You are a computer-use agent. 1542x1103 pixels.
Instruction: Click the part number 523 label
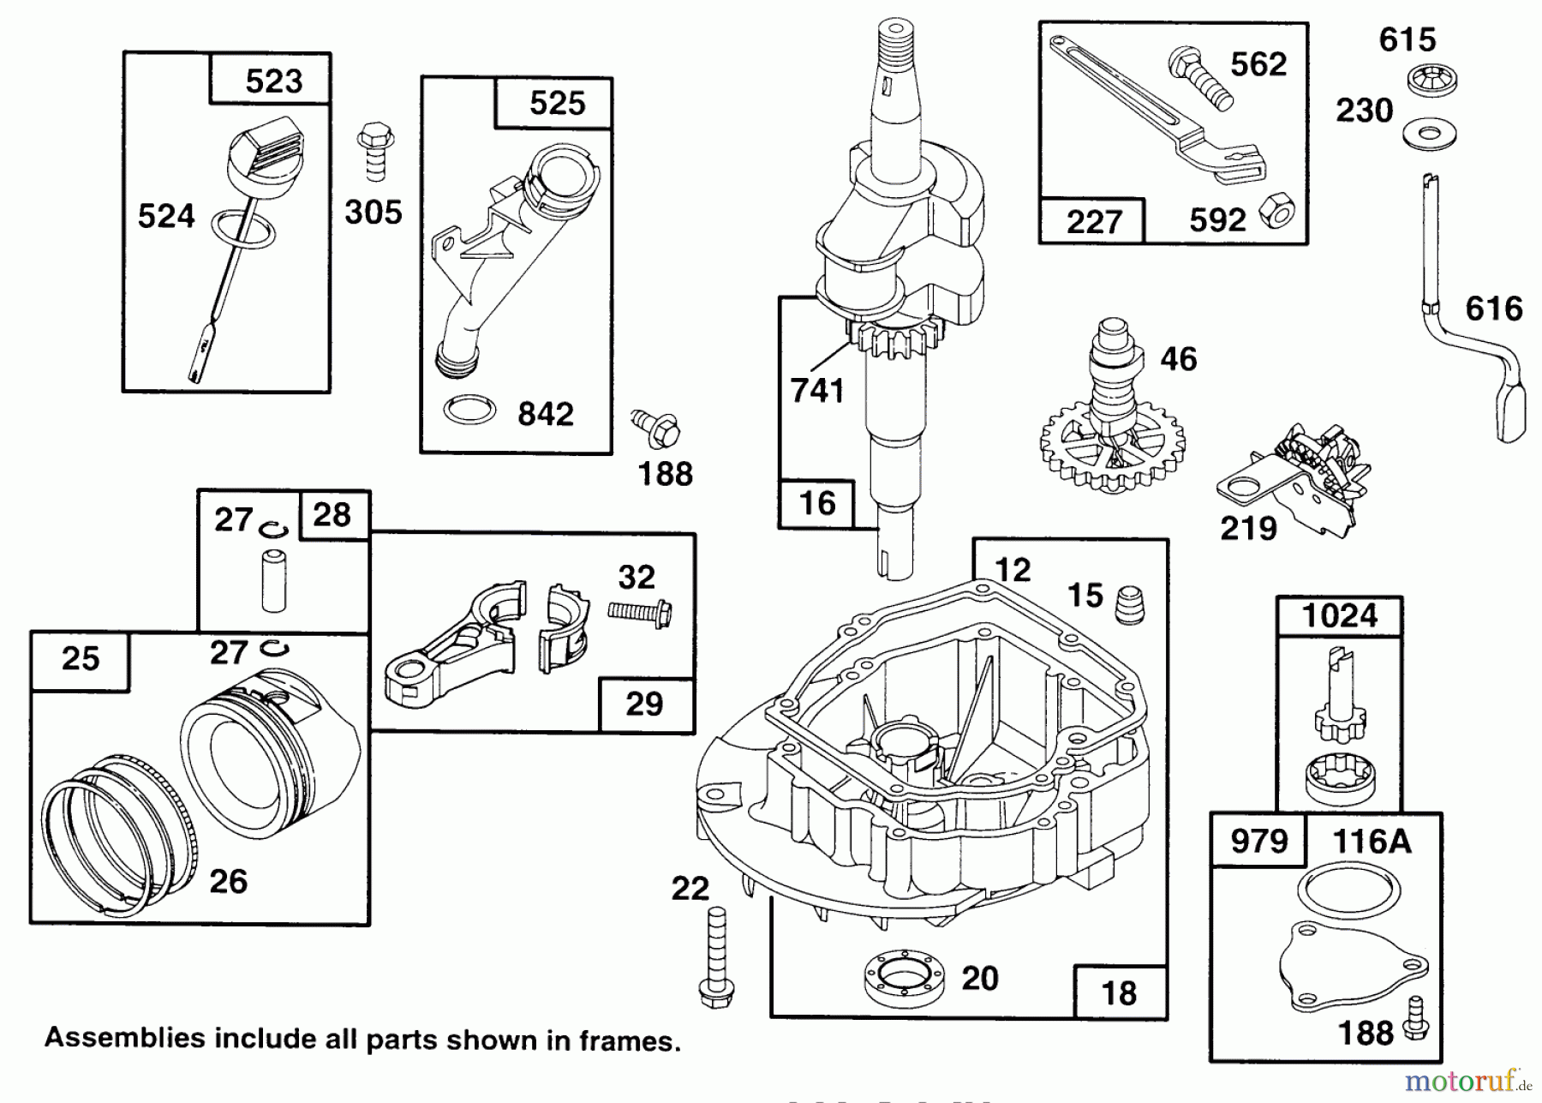(273, 81)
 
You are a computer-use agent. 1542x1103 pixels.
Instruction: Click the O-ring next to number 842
(469, 411)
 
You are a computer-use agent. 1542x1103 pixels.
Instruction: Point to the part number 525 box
(556, 104)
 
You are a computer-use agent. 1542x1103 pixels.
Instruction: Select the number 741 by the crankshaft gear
(817, 391)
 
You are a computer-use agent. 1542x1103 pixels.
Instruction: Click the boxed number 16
(816, 503)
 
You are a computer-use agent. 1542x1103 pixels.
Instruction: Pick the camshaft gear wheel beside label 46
(1111, 446)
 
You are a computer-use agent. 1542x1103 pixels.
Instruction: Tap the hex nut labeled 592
(1276, 211)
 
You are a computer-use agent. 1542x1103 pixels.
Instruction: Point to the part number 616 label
(1494, 309)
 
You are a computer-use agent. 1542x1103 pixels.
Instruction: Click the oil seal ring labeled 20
(904, 977)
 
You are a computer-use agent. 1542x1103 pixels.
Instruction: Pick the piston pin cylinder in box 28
(273, 582)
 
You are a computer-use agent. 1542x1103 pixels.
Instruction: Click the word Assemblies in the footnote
(125, 1038)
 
